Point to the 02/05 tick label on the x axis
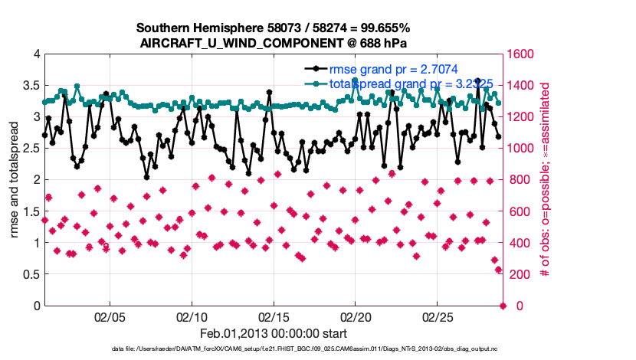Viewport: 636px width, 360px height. [110, 316]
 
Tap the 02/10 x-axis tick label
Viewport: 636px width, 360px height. [192, 316]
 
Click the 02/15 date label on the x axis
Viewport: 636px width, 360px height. [274, 316]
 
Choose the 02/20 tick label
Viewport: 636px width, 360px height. [356, 316]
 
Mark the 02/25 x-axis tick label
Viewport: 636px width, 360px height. [438, 316]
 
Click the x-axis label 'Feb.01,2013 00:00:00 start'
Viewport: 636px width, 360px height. [274, 333]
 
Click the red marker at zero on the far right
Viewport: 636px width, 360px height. [503, 306]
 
